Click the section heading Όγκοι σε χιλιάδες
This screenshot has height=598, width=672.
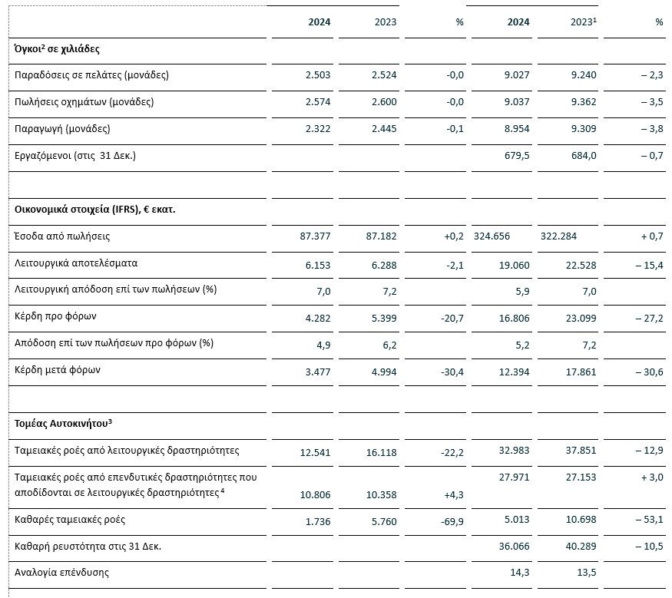57,49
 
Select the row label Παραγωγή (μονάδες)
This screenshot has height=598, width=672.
62,128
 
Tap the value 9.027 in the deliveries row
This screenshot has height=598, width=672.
517,75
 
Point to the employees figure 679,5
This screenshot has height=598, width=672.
517,156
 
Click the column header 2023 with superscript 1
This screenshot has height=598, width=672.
583,21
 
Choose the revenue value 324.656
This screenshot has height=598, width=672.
492,236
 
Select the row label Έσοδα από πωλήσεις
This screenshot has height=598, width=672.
62,236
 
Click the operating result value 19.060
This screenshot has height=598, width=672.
515,265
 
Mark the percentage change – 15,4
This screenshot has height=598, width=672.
649,265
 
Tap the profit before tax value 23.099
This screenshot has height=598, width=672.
581,319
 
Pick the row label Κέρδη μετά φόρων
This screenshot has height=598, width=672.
58,370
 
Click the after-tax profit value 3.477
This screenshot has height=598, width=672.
318,372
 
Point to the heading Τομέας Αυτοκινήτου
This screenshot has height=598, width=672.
63,423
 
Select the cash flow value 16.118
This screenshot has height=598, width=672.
382,452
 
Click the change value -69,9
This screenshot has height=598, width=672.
452,522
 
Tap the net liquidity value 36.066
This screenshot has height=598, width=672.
515,546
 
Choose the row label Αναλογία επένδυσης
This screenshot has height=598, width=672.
61,573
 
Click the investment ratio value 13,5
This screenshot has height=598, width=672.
587,573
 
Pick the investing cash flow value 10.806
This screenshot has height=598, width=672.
316,495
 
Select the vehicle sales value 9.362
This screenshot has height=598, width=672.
584,102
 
